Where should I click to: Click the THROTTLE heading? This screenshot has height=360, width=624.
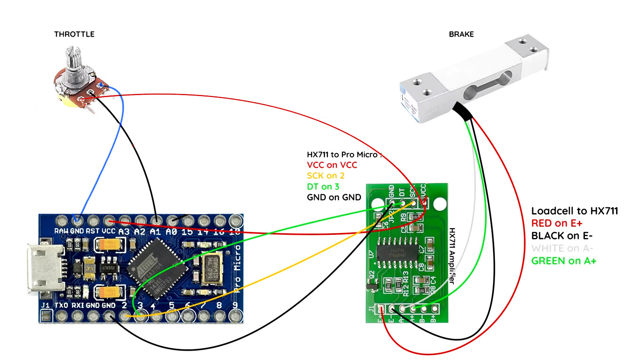[74, 34]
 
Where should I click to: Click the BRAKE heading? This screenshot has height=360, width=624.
[461, 34]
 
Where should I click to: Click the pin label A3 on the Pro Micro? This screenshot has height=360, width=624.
[124, 231]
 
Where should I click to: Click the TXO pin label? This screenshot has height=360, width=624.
[62, 305]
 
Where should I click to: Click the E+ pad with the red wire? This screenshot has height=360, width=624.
[381, 309]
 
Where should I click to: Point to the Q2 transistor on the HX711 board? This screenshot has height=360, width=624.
[372, 285]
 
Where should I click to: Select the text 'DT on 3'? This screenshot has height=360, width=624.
[323, 186]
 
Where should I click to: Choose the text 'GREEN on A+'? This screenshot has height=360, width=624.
[564, 261]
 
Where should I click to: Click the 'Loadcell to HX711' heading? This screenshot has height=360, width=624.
[575, 211]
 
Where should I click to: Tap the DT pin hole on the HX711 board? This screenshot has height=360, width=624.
[403, 203]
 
